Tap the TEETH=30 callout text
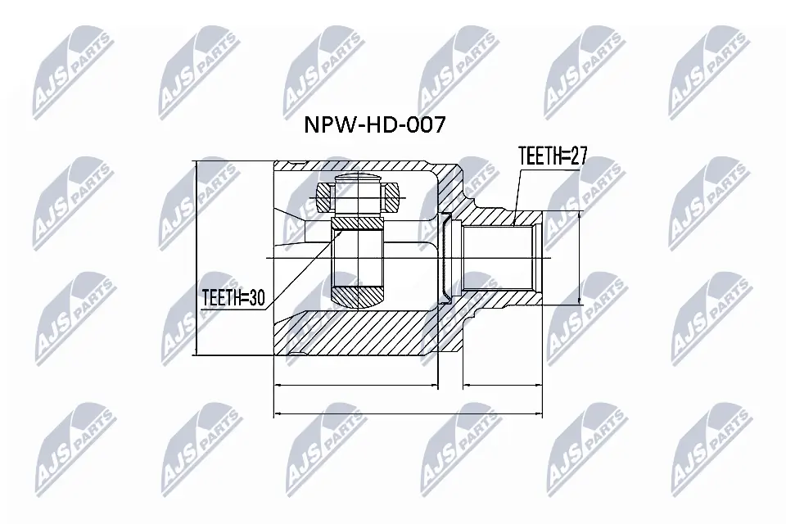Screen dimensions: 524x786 (233, 300)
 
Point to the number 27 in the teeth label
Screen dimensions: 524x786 (577, 157)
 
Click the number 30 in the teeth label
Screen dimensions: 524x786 (255, 300)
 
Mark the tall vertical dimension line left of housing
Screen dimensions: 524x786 (198, 258)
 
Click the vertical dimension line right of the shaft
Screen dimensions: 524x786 (580, 258)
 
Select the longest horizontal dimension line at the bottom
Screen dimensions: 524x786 (408, 413)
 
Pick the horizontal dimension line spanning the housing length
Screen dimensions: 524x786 (355, 384)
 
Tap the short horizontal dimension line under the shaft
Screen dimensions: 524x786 (502, 384)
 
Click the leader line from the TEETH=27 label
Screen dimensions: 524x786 (515, 192)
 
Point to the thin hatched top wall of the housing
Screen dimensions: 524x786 (360, 165)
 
